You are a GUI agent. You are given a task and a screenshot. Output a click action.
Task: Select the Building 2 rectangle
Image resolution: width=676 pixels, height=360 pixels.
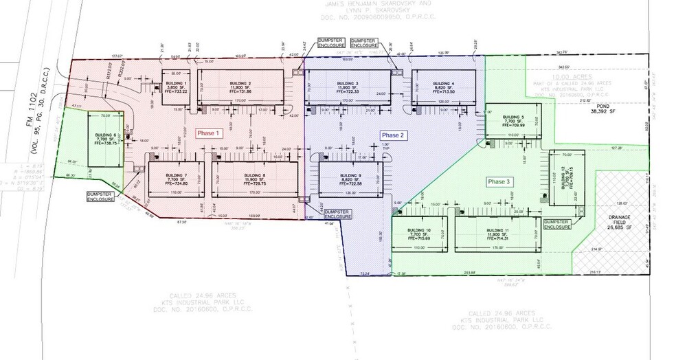click(x=240, y=87)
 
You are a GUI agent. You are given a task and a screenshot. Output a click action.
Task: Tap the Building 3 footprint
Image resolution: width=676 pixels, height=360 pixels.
click(x=348, y=87)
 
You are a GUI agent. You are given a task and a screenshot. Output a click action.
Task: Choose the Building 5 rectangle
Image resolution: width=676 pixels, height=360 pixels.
click(x=512, y=121)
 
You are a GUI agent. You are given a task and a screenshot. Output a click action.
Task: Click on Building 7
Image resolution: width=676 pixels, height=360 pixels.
click(x=176, y=179)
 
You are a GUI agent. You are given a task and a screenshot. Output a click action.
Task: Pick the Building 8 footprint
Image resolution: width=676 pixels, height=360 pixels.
click(x=255, y=179)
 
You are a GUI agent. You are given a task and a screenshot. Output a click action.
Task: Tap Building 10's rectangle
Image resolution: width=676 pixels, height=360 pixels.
click(x=419, y=234)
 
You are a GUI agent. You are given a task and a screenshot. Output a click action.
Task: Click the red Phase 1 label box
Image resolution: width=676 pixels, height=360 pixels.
click(x=207, y=133)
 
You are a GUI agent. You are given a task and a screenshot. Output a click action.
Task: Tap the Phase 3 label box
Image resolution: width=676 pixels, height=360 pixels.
click(x=499, y=181)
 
